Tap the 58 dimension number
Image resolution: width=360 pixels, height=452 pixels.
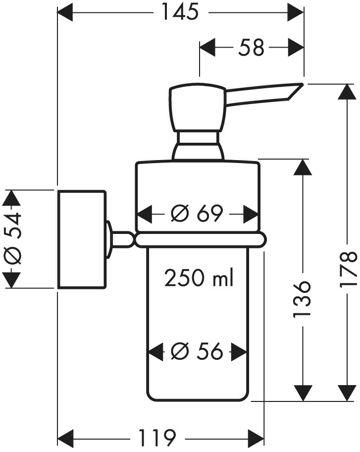pos(251,48)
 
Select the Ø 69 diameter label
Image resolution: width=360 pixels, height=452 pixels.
pos(197,214)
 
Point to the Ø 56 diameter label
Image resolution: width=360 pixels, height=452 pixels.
pos(197,352)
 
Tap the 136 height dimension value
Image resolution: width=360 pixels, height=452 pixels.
pos(301,299)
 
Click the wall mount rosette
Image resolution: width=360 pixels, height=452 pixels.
pos(82,239)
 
